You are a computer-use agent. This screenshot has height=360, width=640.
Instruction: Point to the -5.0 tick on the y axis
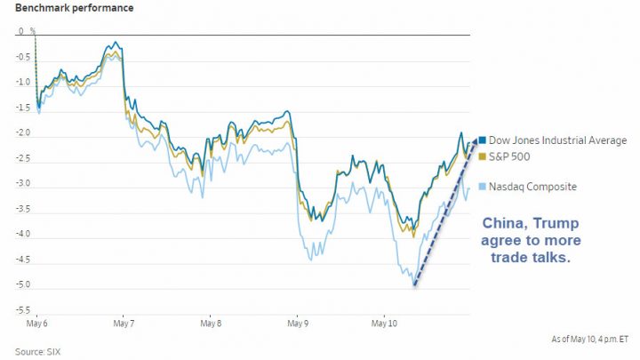tap(22, 286)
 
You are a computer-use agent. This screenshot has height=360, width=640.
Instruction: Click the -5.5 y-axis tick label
tap(22, 311)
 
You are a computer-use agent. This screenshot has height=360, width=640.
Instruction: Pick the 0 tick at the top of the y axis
tap(22, 32)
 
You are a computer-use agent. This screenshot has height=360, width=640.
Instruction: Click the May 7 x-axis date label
tap(123, 325)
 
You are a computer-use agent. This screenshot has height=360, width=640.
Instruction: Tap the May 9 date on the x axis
tap(297, 325)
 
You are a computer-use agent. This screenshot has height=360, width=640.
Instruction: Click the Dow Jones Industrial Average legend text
tap(558, 140)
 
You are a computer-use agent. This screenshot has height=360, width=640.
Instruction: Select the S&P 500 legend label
tap(510, 156)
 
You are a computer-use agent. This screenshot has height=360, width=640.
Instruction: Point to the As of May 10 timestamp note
tap(588, 340)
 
